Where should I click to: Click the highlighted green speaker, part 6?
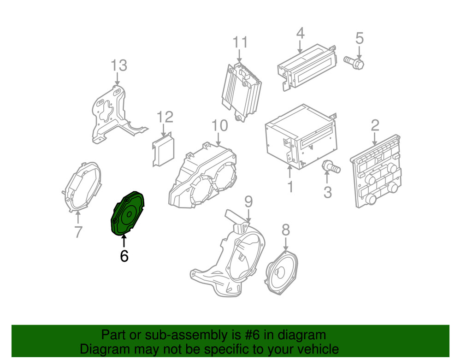(x=128, y=213)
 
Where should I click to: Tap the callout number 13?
(x=119, y=65)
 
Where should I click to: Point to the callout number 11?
(x=240, y=42)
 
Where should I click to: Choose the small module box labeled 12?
(x=164, y=150)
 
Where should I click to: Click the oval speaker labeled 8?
(x=282, y=274)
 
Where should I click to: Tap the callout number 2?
(x=375, y=125)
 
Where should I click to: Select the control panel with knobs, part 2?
(x=375, y=171)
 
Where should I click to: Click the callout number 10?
(x=219, y=125)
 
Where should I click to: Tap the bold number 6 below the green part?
(x=124, y=256)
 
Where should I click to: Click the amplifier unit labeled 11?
(x=241, y=92)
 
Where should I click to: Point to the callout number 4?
(x=300, y=33)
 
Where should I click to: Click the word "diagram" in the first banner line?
(x=303, y=335)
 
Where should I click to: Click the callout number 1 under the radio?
(x=290, y=187)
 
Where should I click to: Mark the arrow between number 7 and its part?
(x=78, y=218)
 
